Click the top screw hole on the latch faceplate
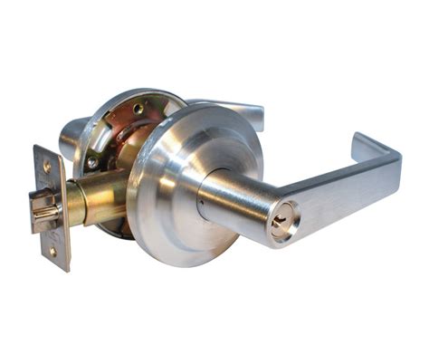click(47, 168)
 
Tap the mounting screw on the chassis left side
click(92, 162)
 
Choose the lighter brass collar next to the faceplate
click(73, 207)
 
